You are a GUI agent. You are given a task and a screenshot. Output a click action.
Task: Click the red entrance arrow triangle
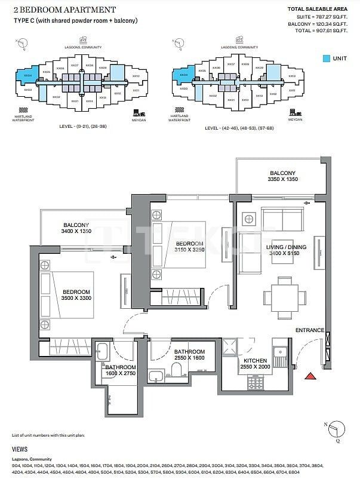point(310,376)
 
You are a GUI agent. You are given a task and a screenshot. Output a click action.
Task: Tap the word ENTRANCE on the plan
point(310,330)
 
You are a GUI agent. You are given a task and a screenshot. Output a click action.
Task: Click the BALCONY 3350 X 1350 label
point(282,176)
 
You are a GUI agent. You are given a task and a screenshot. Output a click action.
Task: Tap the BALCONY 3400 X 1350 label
point(76,229)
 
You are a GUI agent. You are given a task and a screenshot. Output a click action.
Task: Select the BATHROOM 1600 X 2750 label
point(121,370)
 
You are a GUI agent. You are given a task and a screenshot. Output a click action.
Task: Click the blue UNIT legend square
point(326,59)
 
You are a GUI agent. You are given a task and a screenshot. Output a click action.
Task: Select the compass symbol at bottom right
point(338,428)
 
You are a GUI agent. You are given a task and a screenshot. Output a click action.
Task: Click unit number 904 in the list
point(16,464)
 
